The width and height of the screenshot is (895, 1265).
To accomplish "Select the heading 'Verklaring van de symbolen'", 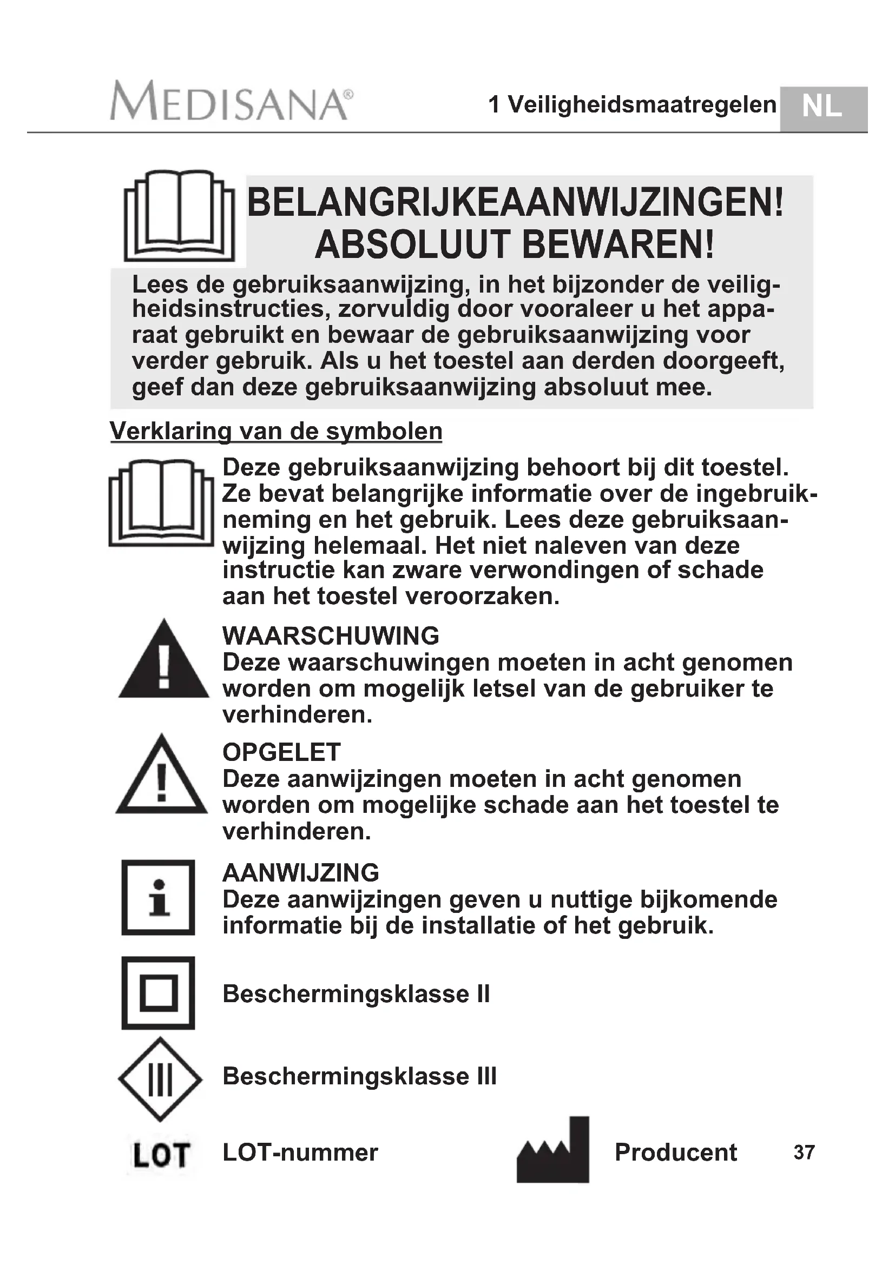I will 276,431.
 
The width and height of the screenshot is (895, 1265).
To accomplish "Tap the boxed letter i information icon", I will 159,897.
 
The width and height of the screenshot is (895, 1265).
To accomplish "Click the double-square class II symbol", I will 159,993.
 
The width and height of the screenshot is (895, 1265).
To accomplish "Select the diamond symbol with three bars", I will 160,1079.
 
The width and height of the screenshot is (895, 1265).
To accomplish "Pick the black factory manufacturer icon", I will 554,1151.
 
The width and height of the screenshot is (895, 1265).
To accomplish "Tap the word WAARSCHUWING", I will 331,636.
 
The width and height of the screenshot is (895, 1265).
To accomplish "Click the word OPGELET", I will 281,752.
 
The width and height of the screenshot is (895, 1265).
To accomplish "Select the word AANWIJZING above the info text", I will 301,873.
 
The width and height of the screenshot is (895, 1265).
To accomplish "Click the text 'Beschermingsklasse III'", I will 359,1076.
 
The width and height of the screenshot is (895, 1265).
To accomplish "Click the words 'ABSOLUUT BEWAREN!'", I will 515,244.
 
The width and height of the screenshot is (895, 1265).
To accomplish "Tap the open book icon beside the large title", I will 179,216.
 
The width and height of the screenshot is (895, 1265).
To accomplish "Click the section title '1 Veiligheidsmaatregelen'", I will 632,105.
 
